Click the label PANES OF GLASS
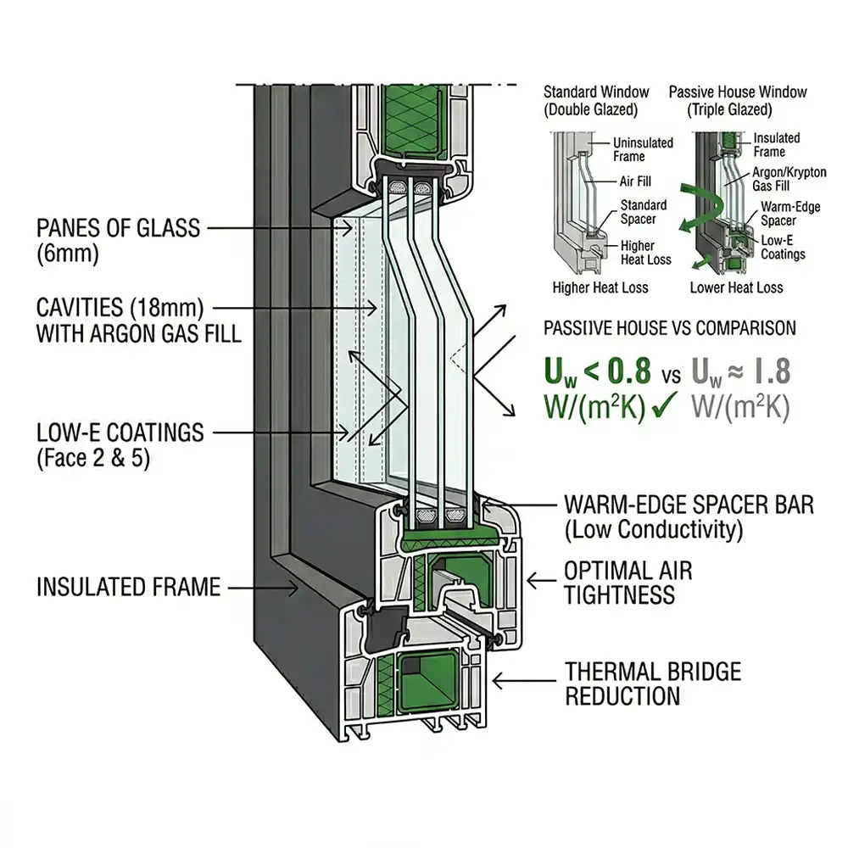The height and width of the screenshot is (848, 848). (118, 228)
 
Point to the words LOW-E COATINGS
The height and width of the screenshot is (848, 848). (120, 433)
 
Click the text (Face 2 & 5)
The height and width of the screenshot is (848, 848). (95, 459)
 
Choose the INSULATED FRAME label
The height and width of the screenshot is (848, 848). (128, 587)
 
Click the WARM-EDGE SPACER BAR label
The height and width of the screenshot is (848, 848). (689, 505)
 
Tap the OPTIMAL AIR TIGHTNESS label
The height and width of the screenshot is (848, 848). (628, 583)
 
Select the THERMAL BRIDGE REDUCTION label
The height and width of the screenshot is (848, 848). (653, 684)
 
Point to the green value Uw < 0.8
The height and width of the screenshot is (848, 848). (597, 371)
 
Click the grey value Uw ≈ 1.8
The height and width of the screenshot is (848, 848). (741, 371)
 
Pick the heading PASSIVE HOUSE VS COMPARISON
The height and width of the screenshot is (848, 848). (669, 328)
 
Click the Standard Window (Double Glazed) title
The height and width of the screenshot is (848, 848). (596, 101)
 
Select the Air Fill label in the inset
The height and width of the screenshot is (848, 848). (635, 181)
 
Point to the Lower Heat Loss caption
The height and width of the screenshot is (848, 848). (736, 287)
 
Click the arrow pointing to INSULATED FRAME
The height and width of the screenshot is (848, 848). (263, 586)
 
